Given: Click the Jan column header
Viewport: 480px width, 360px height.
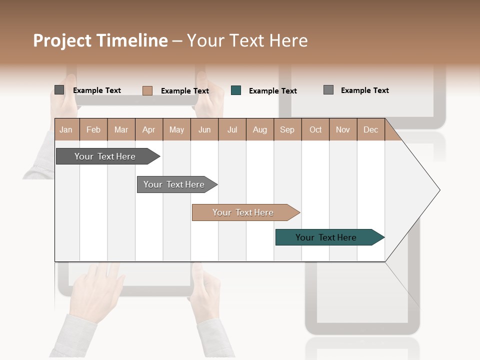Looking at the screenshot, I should pyautogui.click(x=66, y=129).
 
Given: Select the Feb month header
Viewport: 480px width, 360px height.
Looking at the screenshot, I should pyautogui.click(x=93, y=129).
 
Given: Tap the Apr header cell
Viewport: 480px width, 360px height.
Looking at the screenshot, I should pyautogui.click(x=148, y=129).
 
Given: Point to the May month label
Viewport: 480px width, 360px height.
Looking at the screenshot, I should pyautogui.click(x=176, y=129).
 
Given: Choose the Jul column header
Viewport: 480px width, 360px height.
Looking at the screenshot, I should pyautogui.click(x=232, y=129).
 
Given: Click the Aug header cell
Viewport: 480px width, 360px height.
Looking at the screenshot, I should pyautogui.click(x=259, y=129).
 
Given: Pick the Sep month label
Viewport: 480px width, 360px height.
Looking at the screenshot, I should pyautogui.click(x=287, y=129).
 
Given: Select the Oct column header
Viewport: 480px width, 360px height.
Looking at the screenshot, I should pyautogui.click(x=315, y=129).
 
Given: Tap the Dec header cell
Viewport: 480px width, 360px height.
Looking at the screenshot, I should pyautogui.click(x=370, y=129).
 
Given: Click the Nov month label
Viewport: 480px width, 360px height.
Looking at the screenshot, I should pyautogui.click(x=343, y=129).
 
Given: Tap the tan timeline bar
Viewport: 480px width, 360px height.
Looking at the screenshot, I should pyautogui.click(x=244, y=212).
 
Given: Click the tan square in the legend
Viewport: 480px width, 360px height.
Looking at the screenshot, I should pyautogui.click(x=147, y=90).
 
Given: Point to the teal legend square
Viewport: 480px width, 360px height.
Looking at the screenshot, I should pyautogui.click(x=236, y=90).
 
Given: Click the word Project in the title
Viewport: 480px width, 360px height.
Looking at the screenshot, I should pyautogui.click(x=63, y=40).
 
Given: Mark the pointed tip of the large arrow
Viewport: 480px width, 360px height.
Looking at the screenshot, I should pyautogui.click(x=438, y=190).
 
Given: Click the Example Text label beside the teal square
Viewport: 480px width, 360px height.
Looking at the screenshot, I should pyautogui.click(x=272, y=91).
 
